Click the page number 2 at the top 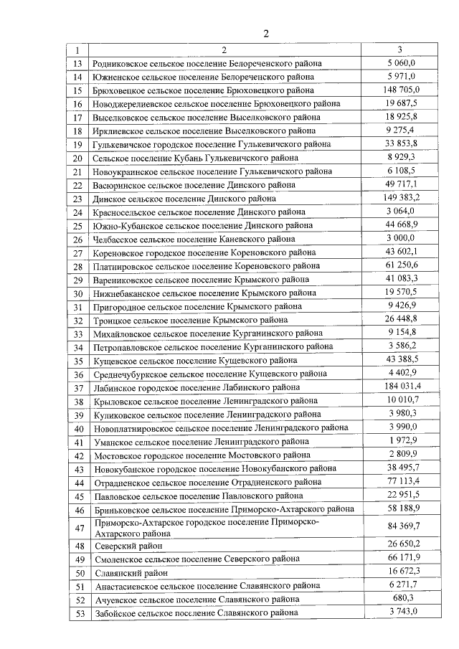pos(266,34)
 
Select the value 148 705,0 pos(400,90)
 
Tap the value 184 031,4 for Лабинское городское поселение pos(400,387)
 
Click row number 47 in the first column pos(78,529)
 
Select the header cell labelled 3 pos(400,50)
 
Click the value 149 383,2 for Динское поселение pos(400,198)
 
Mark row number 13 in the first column pos(78,63)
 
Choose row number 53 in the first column pos(78,612)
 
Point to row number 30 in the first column pos(78,293)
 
